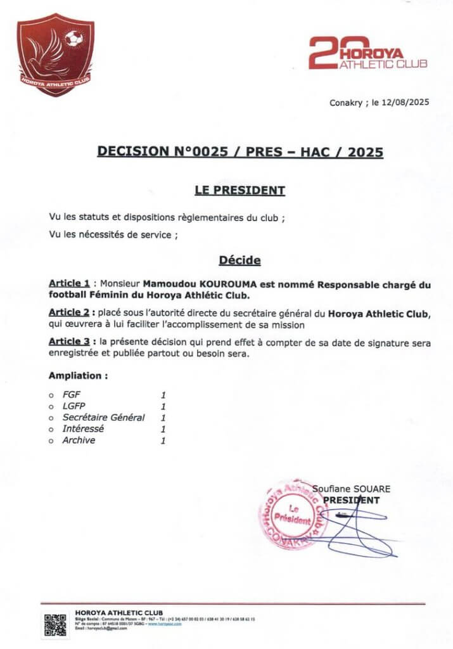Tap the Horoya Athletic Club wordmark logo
click(368, 53)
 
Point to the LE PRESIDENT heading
click(239, 190)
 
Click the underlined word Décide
click(239, 260)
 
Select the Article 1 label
click(69, 285)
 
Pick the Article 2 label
click(69, 313)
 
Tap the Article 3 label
click(69, 342)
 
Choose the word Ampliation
click(78, 375)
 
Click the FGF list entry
click(72, 395)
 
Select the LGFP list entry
click(73, 406)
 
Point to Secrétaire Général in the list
click(103, 418)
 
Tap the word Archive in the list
click(79, 440)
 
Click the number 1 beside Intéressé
click(163, 429)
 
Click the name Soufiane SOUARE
click(352, 489)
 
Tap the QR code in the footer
click(55, 625)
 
